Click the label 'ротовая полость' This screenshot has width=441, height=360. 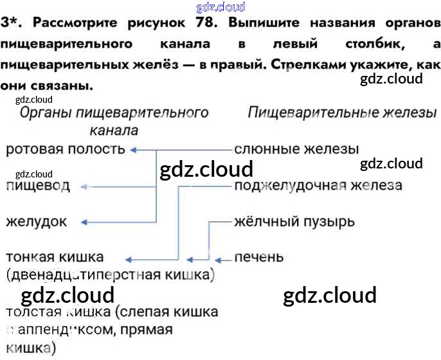point(65,150)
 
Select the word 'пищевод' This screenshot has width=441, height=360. point(38,186)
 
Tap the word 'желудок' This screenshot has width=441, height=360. point(36,222)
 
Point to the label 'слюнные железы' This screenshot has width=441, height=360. point(296,150)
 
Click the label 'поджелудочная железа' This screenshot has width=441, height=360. point(318,186)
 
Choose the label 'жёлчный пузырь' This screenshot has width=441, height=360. point(294,222)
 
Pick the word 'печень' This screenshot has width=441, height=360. point(258,257)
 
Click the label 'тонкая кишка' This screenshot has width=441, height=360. point(55,257)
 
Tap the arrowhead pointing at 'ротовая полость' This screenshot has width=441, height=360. point(132,150)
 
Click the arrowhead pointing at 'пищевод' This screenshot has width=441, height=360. point(84,186)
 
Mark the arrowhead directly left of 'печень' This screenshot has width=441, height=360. point(218,260)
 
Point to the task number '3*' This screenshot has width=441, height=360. point(13,24)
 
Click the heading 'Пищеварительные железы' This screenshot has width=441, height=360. point(342,113)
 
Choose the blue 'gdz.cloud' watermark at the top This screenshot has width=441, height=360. point(220,7)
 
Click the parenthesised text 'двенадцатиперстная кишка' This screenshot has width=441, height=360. point(111,275)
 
